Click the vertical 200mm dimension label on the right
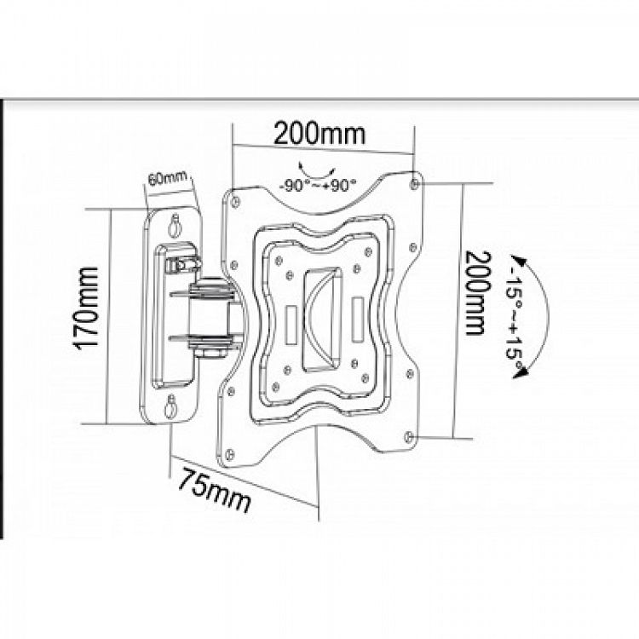[478, 292]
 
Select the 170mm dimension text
[85, 308]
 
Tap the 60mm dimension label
[168, 178]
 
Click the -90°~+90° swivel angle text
[318, 186]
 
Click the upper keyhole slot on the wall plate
[176, 225]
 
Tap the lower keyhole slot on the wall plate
[170, 406]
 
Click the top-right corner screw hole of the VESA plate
[414, 184]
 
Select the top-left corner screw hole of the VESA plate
[235, 201]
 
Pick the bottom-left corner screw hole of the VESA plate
[229, 453]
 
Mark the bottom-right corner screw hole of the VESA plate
[410, 436]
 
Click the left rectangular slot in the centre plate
[291, 325]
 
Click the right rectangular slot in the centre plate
[357, 319]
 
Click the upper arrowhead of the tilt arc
[519, 261]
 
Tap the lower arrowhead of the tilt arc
[519, 371]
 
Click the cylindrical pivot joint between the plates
[209, 313]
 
